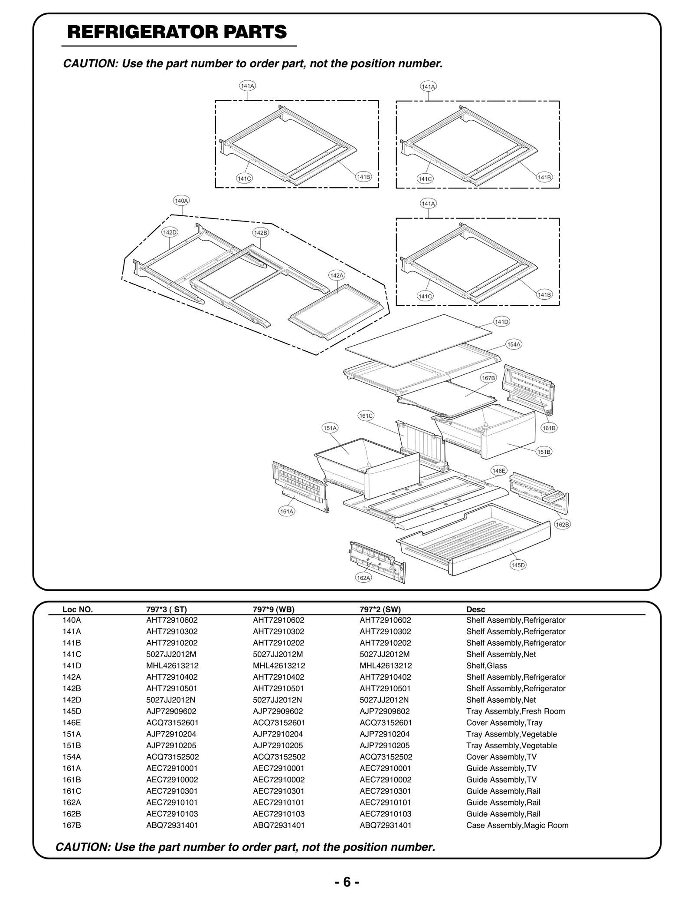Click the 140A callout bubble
point(181,201)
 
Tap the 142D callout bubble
point(170,232)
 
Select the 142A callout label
point(337,275)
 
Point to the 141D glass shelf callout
point(501,322)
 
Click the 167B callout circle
point(488,378)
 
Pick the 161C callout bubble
point(366,416)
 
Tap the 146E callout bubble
point(499,471)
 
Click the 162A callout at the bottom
point(363,578)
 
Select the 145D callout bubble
point(518,565)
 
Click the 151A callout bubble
point(330,428)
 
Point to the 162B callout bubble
point(563,525)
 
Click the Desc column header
point(475,609)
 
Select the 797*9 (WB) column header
point(273,609)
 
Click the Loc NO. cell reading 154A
point(72,756)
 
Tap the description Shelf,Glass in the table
point(486,666)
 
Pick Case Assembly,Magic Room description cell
point(517,825)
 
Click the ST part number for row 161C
point(172,791)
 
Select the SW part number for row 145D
point(384,711)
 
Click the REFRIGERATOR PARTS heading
point(177,32)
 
